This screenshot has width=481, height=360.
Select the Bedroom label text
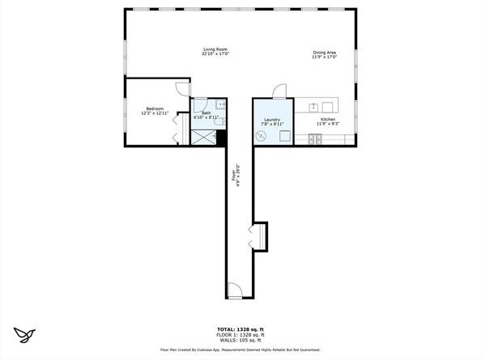155,109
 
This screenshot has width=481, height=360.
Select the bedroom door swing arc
182,87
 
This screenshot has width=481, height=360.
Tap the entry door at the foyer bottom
234,289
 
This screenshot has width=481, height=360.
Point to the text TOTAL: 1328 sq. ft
240,329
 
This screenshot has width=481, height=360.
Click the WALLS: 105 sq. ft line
240,339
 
